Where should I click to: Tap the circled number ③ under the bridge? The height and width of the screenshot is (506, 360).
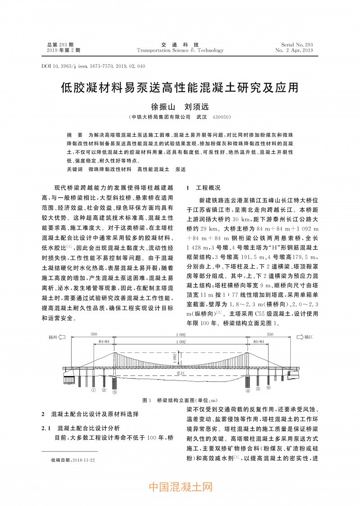(x=114, y=392)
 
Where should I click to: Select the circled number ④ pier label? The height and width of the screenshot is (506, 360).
(x=248, y=391)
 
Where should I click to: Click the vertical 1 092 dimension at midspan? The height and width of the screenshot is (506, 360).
(x=175, y=357)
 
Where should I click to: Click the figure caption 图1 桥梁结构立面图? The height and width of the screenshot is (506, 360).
(x=180, y=400)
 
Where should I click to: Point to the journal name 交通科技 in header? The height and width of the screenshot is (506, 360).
(x=180, y=45)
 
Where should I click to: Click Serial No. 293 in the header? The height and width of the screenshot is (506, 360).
(x=297, y=45)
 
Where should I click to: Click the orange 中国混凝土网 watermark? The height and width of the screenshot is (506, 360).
(x=180, y=487)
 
